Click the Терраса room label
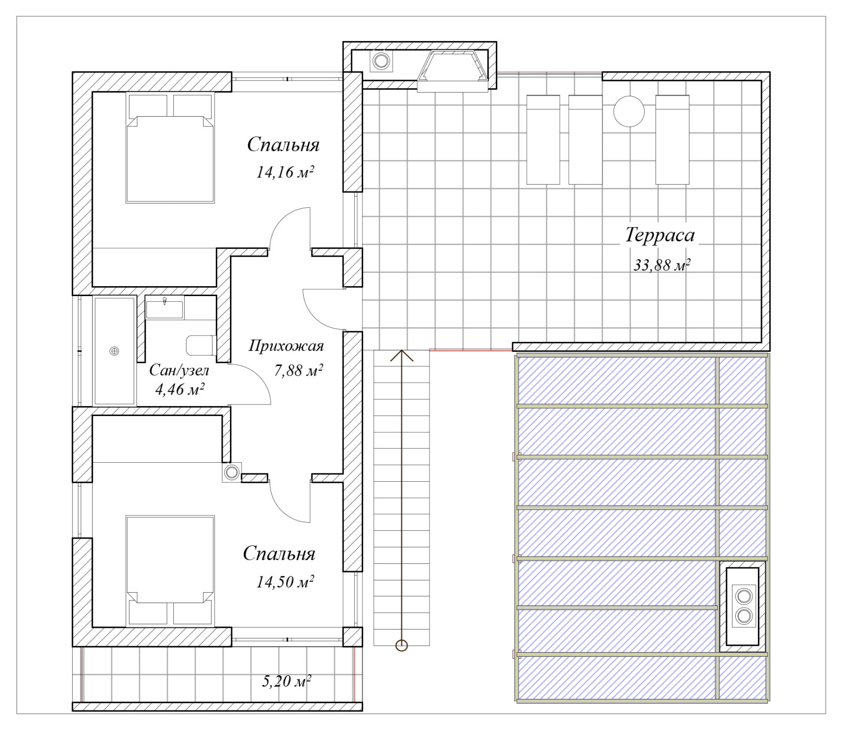(660, 235)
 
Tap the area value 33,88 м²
(661, 265)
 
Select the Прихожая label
(286, 346)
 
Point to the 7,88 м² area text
(298, 370)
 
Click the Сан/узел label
(179, 370)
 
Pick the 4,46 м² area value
(179, 389)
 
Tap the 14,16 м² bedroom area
(285, 172)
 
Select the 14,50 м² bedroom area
(285, 582)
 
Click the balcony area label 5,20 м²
(286, 681)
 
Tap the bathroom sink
(165, 308)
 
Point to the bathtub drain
(114, 351)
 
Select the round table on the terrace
(629, 111)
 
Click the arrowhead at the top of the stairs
(402, 355)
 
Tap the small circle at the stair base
(402, 645)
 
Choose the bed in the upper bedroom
(170, 147)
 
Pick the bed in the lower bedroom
(170, 571)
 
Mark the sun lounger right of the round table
(673, 140)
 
